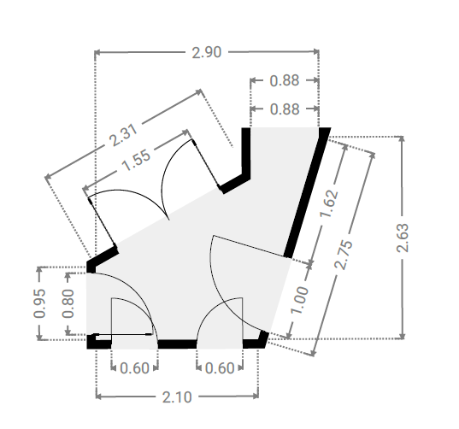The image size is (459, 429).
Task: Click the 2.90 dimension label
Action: (x=206, y=53)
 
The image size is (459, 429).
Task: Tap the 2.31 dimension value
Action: (x=123, y=135)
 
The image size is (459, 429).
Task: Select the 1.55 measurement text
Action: (x=136, y=161)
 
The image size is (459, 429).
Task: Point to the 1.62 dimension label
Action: (x=329, y=204)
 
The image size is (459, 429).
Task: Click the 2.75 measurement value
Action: (x=344, y=255)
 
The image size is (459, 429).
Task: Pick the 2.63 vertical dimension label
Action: (x=403, y=238)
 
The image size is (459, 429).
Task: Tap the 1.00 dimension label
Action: (x=299, y=300)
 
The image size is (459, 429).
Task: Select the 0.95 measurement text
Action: (x=39, y=303)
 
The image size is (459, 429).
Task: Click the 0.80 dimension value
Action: (x=68, y=303)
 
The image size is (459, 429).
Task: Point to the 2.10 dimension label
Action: (x=177, y=397)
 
